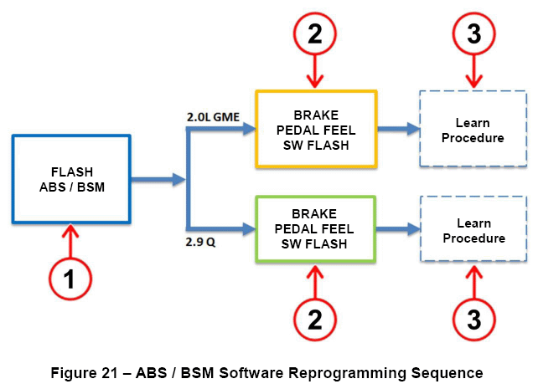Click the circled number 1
(70, 279)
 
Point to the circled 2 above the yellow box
(315, 33)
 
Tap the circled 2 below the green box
(315, 319)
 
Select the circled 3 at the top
(473, 33)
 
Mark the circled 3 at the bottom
(473, 319)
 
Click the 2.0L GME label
(213, 117)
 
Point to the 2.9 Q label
(200, 242)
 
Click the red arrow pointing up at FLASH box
(70, 241)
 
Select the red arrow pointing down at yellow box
(315, 71)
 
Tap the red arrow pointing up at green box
(315, 281)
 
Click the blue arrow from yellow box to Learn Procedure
(399, 129)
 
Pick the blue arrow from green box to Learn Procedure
(398, 228)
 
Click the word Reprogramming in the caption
(347, 373)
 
